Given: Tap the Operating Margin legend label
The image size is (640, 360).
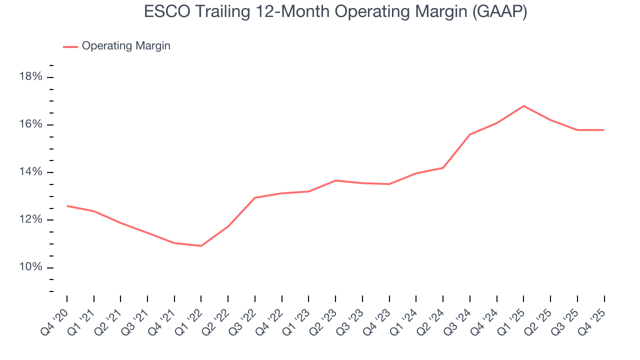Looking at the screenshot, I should click(x=126, y=46).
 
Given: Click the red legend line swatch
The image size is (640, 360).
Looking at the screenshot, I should click(x=70, y=46).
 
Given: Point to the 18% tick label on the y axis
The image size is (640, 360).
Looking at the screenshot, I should click(x=30, y=77).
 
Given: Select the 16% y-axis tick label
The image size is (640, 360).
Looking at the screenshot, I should click(x=30, y=124).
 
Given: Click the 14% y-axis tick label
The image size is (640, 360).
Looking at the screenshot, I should click(x=30, y=172).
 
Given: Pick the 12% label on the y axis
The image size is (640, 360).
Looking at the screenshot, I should click(x=30, y=220).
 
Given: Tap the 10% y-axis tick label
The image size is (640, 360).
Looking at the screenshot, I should click(x=30, y=267).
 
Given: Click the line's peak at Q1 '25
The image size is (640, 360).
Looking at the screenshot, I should click(x=523, y=106).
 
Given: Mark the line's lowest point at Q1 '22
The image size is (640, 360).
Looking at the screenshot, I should click(x=201, y=246).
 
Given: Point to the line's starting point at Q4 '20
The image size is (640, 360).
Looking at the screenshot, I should click(x=67, y=206).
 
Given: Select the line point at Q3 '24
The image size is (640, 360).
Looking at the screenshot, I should click(x=470, y=134).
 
